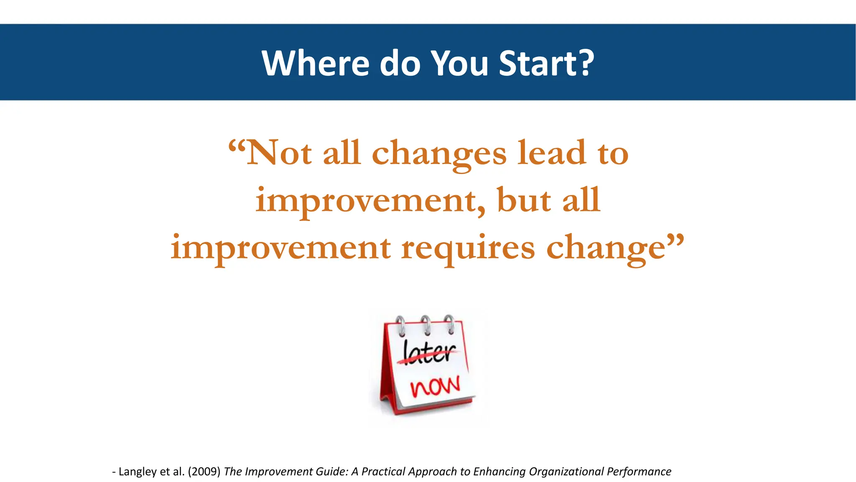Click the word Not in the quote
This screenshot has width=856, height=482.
pyautogui.click(x=279, y=153)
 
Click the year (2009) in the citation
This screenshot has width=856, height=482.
pyautogui.click(x=204, y=472)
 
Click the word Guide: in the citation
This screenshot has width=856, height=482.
pyautogui.click(x=332, y=472)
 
